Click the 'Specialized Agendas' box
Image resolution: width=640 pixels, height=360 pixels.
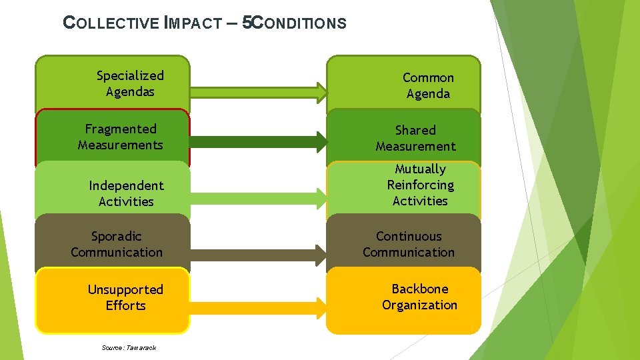point(113,83)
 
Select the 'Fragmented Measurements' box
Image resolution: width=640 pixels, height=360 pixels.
point(113,137)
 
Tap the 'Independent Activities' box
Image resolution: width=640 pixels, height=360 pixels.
point(113,193)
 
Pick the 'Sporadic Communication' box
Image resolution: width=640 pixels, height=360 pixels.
point(113,244)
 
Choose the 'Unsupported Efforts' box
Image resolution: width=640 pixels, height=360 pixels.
point(113,298)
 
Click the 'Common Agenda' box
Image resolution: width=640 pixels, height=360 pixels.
point(403,85)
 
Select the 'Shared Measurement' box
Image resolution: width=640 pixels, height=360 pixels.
point(403,138)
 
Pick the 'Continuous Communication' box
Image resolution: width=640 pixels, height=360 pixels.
point(403,244)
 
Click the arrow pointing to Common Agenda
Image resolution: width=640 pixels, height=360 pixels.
point(259,88)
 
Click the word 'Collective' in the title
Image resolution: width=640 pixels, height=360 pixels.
point(110,23)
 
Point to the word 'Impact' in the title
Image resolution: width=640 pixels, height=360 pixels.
point(193,23)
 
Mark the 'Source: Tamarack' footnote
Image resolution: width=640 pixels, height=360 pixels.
point(129,347)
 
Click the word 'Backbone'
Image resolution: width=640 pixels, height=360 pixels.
point(419,289)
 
